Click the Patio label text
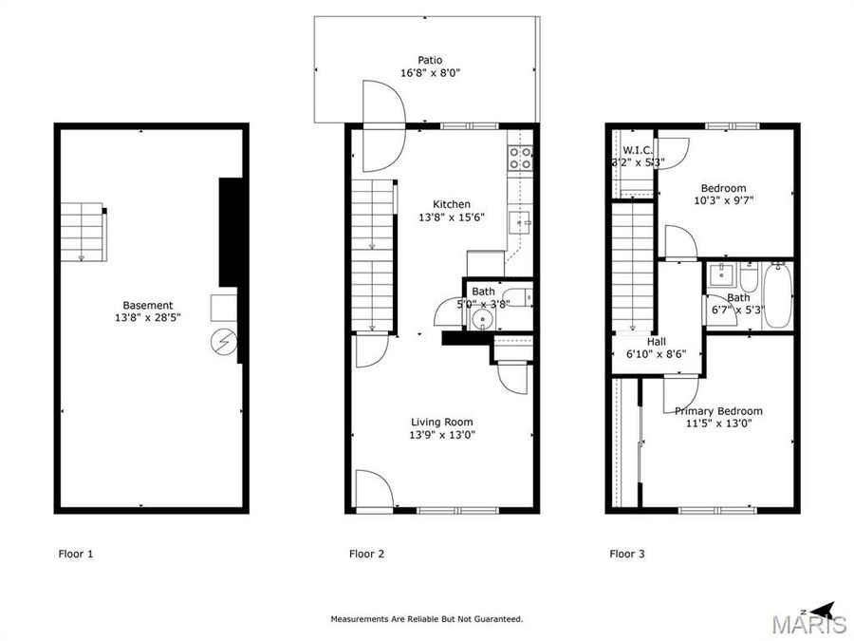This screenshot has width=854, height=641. pos(433,61)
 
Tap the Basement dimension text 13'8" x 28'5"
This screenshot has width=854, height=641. pos(147,318)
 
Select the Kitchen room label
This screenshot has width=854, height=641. pos(452,204)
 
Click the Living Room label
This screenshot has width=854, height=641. pos(441,422)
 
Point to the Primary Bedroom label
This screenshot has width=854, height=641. pos(718,411)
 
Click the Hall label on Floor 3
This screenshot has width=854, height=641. pos(657,341)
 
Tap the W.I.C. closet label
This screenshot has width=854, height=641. pos(636,150)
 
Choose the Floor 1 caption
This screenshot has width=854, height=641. pos(76,554)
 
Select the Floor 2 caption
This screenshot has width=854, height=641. pos(366,554)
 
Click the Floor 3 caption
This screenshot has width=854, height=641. pos(627,554)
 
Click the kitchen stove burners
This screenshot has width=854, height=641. pos(520,158)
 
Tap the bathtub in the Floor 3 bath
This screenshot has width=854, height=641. pos(776,294)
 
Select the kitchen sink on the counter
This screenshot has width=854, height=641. pos(519,223)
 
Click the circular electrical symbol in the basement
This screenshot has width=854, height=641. pos(225,341)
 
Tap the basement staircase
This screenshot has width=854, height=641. pos(84,232)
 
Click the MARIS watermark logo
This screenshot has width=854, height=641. pos(808,625)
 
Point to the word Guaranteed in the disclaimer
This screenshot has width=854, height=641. pos(496,619)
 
